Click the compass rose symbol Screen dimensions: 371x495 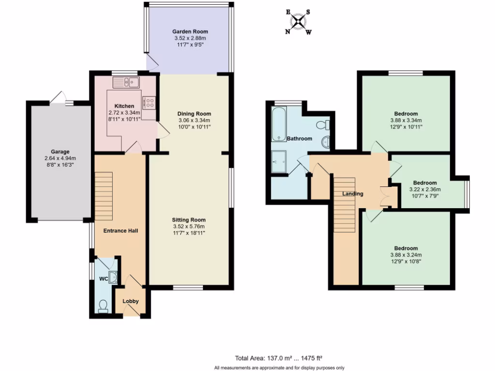pos(300,21)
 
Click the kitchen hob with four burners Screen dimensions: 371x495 pos(148,102)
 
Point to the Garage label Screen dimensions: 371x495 pos(61,151)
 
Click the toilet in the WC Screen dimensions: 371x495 pos(103,306)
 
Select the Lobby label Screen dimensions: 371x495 pos(131,301)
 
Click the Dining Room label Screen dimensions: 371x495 pos(192,114)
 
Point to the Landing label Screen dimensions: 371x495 pos(353,194)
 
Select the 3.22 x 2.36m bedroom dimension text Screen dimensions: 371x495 pos(425,189)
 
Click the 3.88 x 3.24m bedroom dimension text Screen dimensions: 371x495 pos(406,255)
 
